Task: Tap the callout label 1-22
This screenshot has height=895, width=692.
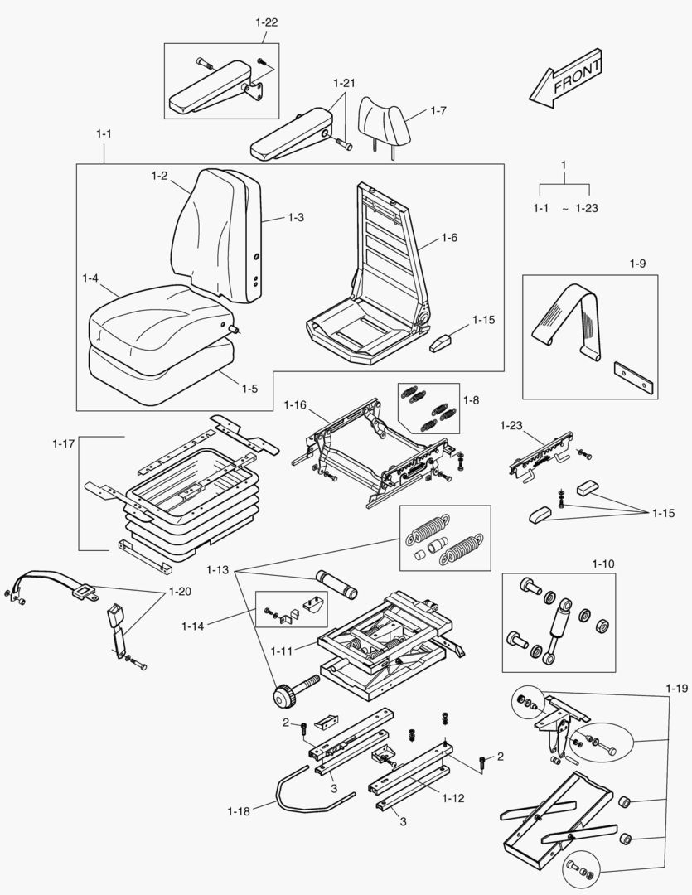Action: coord(266,23)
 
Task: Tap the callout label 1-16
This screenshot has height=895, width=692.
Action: coord(295,404)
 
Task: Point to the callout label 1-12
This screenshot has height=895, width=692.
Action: coord(452,799)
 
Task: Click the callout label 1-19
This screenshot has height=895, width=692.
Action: coord(676,688)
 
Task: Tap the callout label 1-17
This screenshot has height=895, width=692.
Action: coord(64,443)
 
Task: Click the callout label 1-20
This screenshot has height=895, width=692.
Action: coord(179,592)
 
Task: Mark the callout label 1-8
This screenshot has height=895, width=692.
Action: coord(471,400)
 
